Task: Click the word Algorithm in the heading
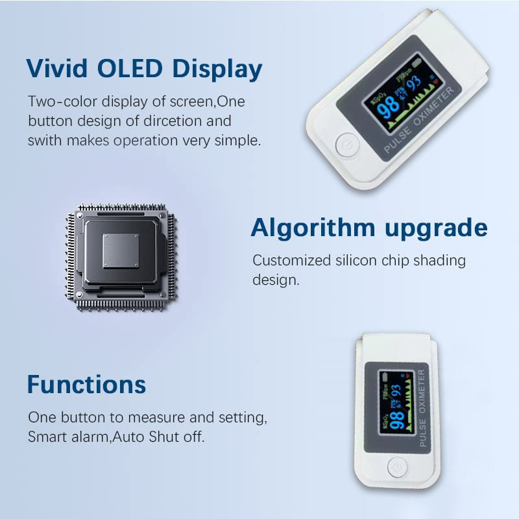pyautogui.click(x=313, y=228)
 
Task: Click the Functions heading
pyautogui.click(x=86, y=384)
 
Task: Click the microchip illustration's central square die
pyautogui.click(x=121, y=252)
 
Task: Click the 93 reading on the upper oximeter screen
pyautogui.click(x=413, y=83)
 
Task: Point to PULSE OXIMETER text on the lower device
pyautogui.click(x=422, y=408)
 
